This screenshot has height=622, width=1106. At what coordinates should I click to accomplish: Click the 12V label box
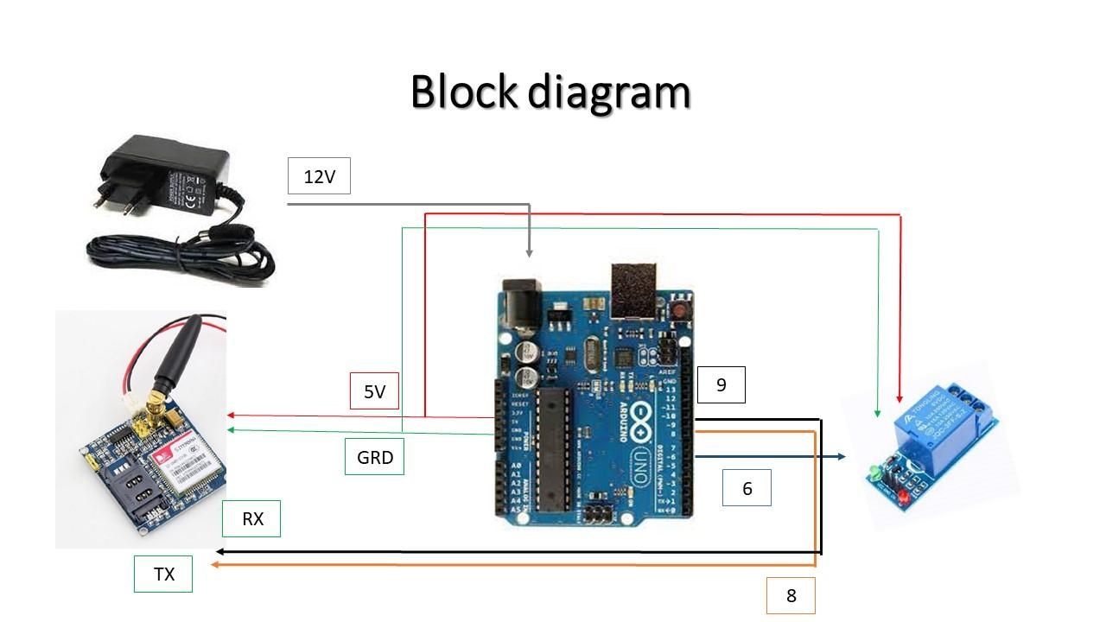[319, 177]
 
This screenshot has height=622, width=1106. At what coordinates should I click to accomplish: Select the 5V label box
[374, 391]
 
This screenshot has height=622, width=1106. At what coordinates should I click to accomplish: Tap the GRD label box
[374, 457]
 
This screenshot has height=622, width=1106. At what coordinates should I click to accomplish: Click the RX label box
[251, 519]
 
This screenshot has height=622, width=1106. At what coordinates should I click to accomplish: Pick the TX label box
[163, 574]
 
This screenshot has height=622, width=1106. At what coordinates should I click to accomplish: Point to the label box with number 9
[721, 384]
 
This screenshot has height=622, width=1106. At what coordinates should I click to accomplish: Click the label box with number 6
[747, 488]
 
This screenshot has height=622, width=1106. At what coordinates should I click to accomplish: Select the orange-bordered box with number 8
[791, 595]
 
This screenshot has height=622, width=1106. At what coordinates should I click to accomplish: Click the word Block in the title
[463, 92]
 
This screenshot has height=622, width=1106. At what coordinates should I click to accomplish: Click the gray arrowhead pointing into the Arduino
[530, 252]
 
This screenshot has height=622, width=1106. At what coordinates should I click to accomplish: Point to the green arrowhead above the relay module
[878, 412]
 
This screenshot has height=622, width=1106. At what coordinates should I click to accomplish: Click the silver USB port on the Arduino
[634, 290]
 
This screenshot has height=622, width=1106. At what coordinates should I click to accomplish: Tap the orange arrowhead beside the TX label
[217, 564]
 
